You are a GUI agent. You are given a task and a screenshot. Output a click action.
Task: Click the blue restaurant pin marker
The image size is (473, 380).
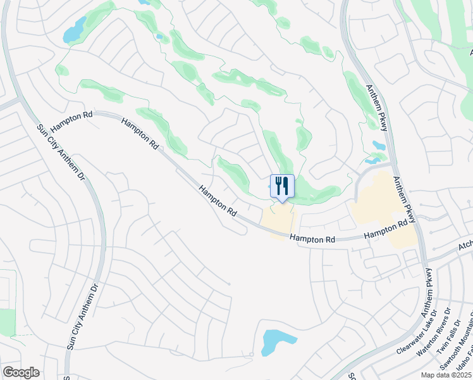(282, 186)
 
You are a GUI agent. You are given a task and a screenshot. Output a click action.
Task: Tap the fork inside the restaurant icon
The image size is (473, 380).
(278, 185)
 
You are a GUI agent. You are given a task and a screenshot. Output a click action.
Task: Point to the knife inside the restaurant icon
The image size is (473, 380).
(286, 185)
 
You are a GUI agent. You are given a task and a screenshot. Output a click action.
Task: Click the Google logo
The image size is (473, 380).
(21, 372)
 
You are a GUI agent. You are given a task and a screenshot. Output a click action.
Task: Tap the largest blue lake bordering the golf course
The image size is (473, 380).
(75, 30)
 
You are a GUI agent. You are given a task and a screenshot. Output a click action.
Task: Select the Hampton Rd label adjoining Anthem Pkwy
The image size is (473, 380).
(385, 230)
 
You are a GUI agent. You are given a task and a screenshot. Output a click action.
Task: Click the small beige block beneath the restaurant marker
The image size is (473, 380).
(278, 222)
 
